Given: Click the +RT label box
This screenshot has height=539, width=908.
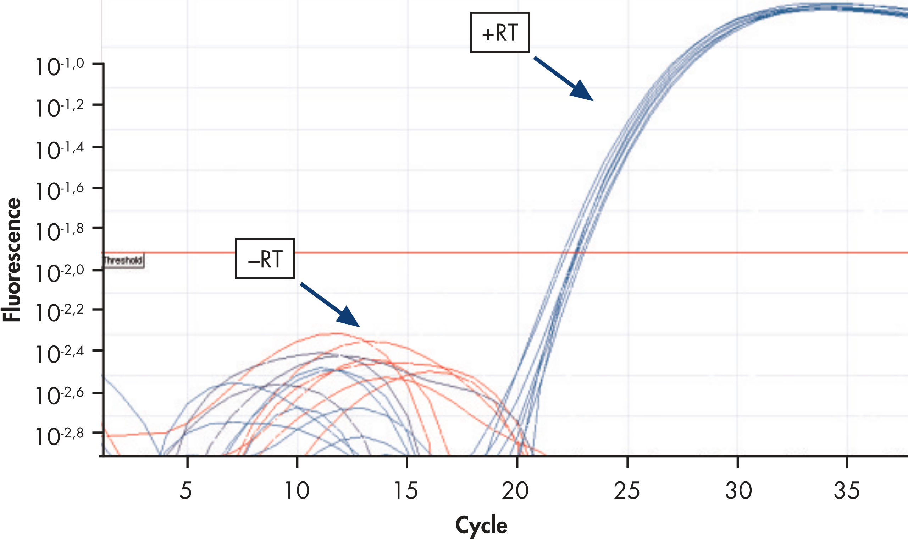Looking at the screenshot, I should (x=500, y=33).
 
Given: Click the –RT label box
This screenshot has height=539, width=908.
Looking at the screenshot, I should (x=265, y=258).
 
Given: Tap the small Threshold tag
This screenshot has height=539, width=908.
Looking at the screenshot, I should (x=123, y=260).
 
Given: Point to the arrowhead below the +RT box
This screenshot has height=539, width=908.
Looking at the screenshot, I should (x=580, y=91).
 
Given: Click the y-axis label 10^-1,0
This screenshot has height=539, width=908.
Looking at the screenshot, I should (x=60, y=66).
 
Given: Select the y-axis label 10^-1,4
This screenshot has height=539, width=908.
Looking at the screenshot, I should (x=60, y=149).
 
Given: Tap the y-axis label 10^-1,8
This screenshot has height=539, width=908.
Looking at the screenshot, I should (x=60, y=231).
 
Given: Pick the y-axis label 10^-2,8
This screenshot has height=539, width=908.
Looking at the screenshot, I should (x=60, y=436).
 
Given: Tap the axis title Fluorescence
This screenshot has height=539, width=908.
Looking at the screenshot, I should (x=12, y=260).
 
